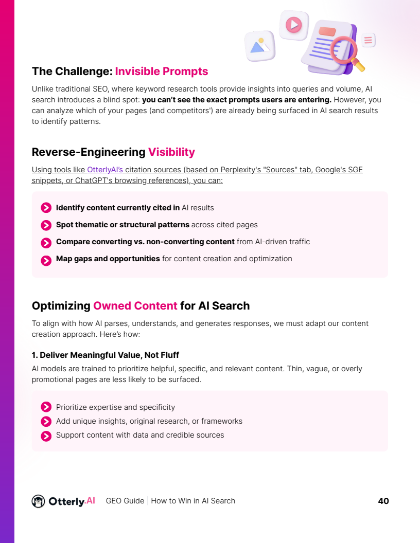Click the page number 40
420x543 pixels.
pos(383,501)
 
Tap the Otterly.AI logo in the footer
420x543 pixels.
pos(63,501)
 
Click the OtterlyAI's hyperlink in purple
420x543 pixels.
pos(105,170)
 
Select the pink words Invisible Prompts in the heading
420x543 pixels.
pos(161,71)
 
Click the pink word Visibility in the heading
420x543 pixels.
pos(171,152)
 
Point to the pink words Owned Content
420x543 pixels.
pos(135,305)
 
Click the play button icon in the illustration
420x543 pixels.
pos(293,24)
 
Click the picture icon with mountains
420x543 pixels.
pos(260,46)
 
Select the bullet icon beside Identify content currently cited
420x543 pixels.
pos(46,208)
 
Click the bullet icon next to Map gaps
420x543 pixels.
pos(46,259)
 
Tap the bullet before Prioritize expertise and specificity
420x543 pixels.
pos(46,407)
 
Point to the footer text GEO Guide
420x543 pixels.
pos(125,501)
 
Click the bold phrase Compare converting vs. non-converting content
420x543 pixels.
pos(146,242)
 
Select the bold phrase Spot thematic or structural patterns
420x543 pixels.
pos(122,225)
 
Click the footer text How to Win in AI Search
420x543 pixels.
pos(193,501)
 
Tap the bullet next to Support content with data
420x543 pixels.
pos(46,436)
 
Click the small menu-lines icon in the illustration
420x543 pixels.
pos(368,40)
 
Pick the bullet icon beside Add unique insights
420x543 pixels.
pos(46,422)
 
